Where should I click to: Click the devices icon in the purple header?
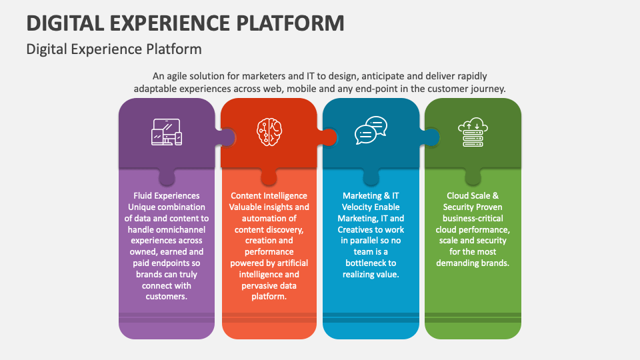tap(166, 132)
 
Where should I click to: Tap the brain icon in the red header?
tap(269, 132)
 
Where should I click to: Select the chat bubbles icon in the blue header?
tap(371, 131)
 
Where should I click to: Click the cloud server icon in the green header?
tap(473, 132)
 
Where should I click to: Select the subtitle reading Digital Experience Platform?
tap(113, 49)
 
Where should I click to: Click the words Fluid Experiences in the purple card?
tap(167, 196)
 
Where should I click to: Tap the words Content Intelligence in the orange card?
tap(269, 196)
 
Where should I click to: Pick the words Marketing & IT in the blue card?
tap(371, 196)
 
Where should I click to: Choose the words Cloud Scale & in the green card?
tap(473, 196)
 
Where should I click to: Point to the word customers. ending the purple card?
tap(167, 297)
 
